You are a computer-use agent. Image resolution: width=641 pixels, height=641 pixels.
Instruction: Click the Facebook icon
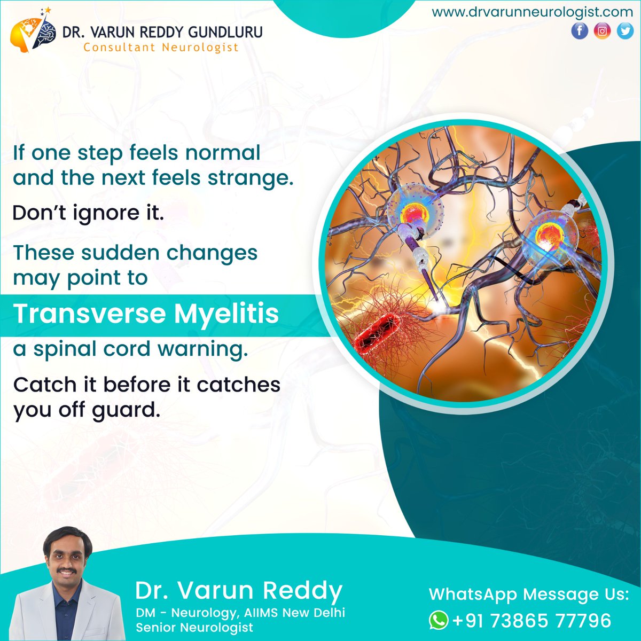pos(580,31)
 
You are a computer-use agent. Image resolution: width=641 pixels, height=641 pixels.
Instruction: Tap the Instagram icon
pos(602,31)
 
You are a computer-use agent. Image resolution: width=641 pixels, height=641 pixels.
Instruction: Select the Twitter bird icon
pos(624,31)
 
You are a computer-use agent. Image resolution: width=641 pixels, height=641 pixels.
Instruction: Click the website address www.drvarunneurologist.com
pos(532,12)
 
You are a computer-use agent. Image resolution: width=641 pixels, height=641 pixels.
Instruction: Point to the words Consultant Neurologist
pos(161,48)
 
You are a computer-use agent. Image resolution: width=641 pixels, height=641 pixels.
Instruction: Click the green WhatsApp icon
pos(439,620)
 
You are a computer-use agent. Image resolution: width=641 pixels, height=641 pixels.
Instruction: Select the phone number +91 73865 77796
pos(531,621)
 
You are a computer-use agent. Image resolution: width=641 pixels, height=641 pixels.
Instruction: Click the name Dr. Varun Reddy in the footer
pos(239,591)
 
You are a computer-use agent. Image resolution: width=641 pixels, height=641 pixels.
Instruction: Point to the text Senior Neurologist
pos(194,627)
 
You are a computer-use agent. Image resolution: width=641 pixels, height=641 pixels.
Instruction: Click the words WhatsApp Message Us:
pos(529,594)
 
